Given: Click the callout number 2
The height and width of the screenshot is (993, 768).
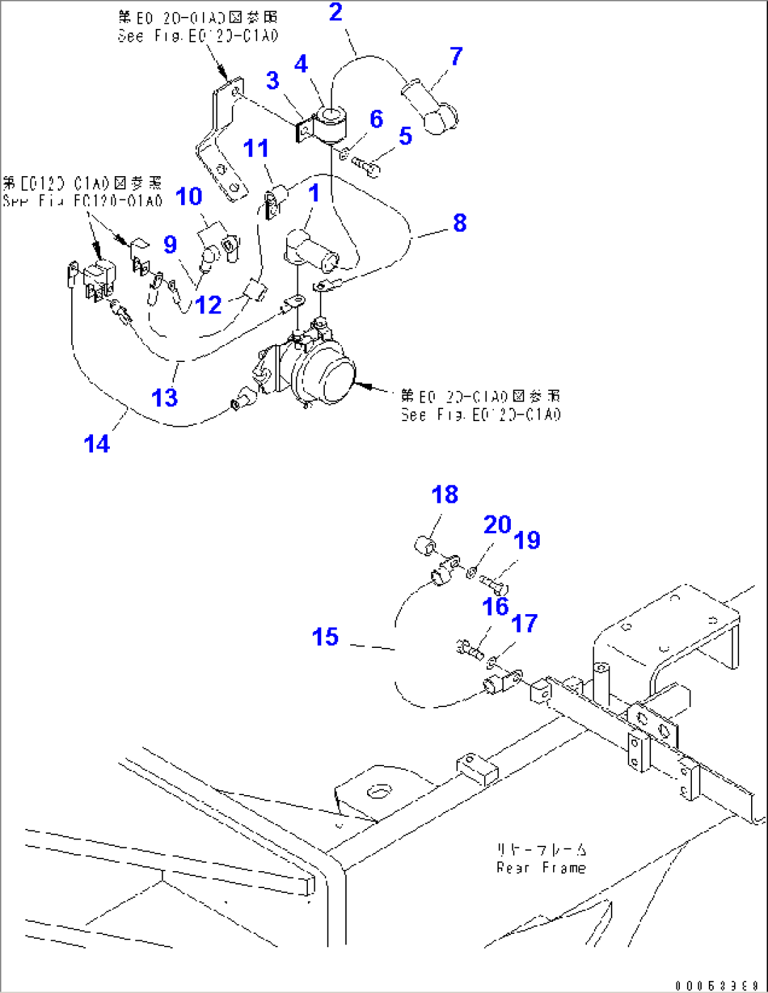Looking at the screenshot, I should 335,12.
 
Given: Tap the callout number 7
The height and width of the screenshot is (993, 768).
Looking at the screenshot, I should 456,56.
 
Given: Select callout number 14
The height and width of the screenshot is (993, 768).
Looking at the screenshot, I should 97,444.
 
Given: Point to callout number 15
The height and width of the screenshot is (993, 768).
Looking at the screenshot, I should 325,637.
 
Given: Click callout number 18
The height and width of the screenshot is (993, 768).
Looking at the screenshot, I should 445,494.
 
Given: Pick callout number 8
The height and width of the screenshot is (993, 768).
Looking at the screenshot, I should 459,223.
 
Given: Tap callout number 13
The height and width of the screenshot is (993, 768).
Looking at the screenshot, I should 164,397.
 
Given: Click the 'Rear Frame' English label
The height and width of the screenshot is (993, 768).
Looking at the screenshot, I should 541,868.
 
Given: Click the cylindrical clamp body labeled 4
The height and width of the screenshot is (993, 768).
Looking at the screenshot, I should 330,123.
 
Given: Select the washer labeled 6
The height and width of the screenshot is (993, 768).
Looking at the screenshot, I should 345,154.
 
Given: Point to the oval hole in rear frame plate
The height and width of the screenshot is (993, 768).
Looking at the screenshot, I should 377,792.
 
